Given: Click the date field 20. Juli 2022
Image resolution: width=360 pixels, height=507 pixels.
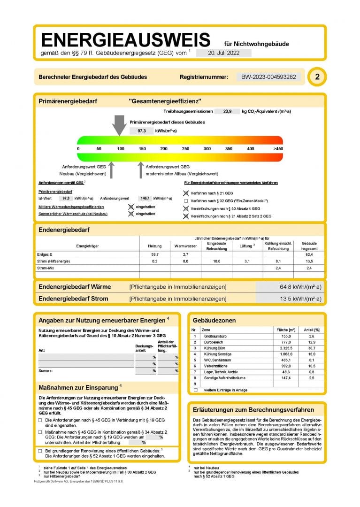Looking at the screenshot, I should tap(223, 53).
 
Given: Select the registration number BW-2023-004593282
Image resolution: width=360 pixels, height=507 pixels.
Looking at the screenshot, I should tap(268, 77).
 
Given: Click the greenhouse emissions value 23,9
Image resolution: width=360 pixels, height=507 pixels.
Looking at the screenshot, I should tap(227, 111).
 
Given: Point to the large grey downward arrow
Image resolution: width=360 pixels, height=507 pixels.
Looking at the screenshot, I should tap(120, 125).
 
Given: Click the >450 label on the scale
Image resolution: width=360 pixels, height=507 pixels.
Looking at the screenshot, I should tap(278, 149).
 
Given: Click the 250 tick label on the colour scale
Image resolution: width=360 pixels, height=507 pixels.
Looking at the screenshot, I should tap(185, 149).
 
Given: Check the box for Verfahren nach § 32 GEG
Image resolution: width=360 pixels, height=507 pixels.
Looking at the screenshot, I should tap(186, 201).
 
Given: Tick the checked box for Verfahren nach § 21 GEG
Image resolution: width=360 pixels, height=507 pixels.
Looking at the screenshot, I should tap(186, 193).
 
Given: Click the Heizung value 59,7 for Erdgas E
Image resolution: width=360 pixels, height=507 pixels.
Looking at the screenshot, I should tap(154, 254).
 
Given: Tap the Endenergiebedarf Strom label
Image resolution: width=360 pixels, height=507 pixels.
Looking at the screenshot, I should tap(73, 299).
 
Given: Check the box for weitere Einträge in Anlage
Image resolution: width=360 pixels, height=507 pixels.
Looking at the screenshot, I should tap(195, 390).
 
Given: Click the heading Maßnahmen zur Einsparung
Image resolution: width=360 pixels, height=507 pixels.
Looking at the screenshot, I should tap(78, 388).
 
